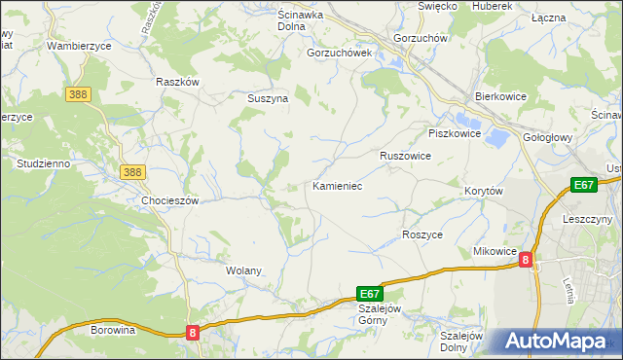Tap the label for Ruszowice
point(405,156)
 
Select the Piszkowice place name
point(455,133)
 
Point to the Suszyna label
point(266,98)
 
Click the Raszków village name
point(177,82)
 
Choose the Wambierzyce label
point(80,46)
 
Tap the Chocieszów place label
point(169,200)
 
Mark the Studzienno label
point(43,163)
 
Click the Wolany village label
point(243,270)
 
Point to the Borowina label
point(113,330)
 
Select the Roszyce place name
point(422,235)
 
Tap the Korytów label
point(483,192)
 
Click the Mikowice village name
point(495,251)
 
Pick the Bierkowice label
point(500,97)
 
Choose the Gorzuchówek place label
point(340,53)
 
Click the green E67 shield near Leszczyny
point(583,185)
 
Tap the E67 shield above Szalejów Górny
point(370,292)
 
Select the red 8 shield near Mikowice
point(526,260)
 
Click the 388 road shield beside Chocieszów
point(133,171)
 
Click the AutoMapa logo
point(559,342)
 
